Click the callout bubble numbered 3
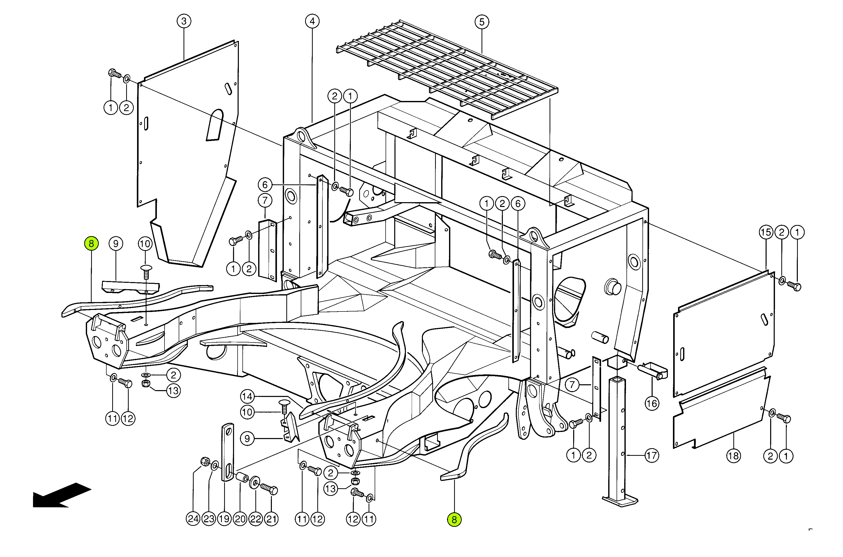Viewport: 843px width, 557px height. (184, 21)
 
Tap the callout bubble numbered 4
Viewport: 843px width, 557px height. (312, 21)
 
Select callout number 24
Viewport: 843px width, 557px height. (193, 519)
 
